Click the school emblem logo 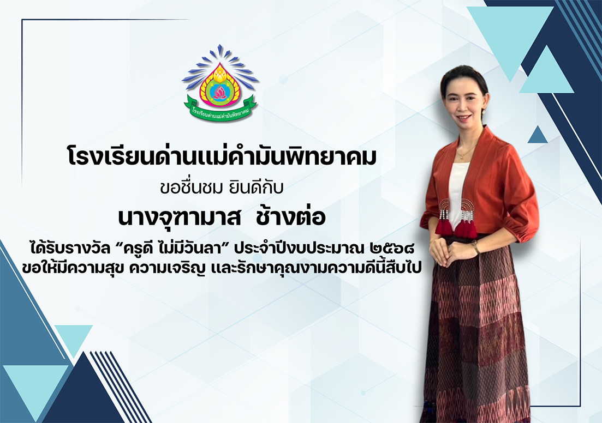(220, 82)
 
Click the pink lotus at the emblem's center (220, 92)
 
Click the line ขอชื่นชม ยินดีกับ (222, 188)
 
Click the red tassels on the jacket (456, 226)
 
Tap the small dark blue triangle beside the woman (538, 135)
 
